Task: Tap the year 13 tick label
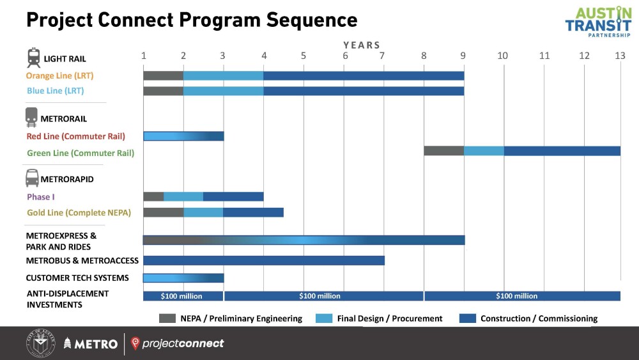620,56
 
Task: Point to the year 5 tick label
303,56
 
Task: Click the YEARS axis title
362,45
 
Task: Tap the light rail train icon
34,58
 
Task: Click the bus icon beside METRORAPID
32,178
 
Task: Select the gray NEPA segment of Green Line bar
443,151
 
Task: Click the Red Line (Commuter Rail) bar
183,136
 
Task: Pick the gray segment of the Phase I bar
153,196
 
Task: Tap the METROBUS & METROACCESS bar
264,260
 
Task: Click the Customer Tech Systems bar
183,278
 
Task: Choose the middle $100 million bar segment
323,296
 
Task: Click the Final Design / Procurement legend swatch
324,318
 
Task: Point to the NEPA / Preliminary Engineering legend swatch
167,318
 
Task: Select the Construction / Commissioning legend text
539,318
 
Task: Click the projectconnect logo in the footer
177,343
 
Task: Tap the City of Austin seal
41,343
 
